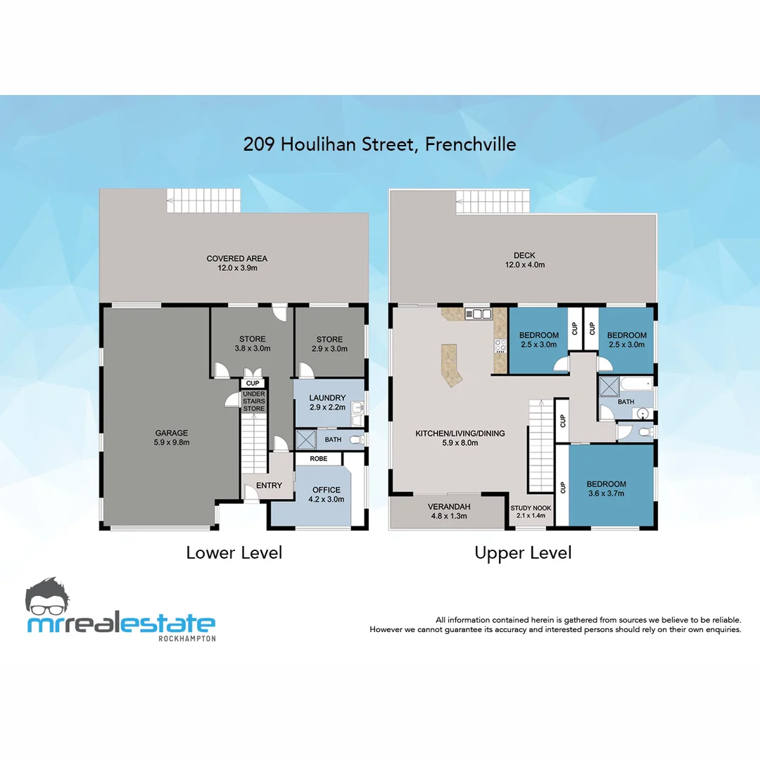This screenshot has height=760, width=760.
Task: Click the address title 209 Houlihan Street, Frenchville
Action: pyautogui.click(x=379, y=144)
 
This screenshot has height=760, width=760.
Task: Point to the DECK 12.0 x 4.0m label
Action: pyautogui.click(x=524, y=260)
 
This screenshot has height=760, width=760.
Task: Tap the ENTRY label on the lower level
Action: pyautogui.click(x=269, y=486)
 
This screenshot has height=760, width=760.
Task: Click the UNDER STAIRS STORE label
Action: pyautogui.click(x=253, y=401)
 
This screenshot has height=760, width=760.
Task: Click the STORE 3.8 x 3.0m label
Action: pyautogui.click(x=252, y=343)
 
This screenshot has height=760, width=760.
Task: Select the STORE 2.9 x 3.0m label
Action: pyautogui.click(x=329, y=343)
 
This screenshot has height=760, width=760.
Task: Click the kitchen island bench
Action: pyautogui.click(x=450, y=364)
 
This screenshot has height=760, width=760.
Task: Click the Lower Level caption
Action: pyautogui.click(x=234, y=553)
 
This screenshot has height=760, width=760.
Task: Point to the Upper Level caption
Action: pyautogui.click(x=523, y=553)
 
